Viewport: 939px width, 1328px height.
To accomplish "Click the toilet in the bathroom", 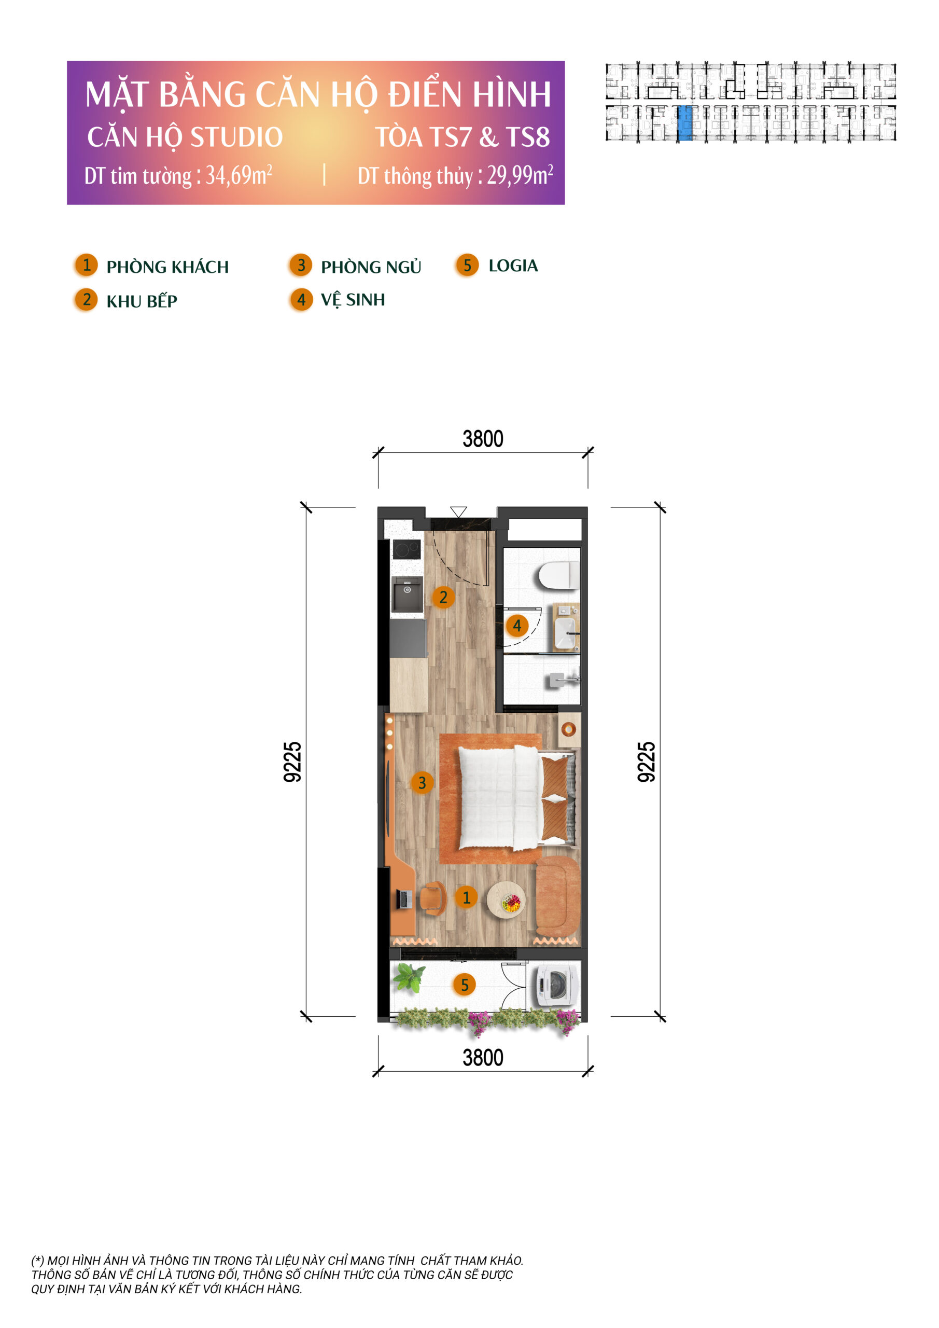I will coord(558,575).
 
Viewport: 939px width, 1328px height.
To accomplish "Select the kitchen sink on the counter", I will coord(407,593).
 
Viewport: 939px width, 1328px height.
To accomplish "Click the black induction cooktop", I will coord(407,549).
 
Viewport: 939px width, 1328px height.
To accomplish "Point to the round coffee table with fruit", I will coord(507,900).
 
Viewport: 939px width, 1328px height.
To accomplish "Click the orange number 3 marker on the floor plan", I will coord(422,783).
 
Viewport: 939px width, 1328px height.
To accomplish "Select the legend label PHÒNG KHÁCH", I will coord(167,267).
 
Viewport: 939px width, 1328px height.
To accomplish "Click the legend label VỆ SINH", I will coord(353,300).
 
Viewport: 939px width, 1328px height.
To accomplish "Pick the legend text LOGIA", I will coord(513,266).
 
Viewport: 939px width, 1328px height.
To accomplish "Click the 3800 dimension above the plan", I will coord(483,439).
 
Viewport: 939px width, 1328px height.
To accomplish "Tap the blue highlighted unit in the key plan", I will coord(684,122).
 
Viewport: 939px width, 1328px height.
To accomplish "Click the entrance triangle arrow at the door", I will coord(458,512).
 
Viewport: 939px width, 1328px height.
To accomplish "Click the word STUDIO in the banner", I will coord(236,137).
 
